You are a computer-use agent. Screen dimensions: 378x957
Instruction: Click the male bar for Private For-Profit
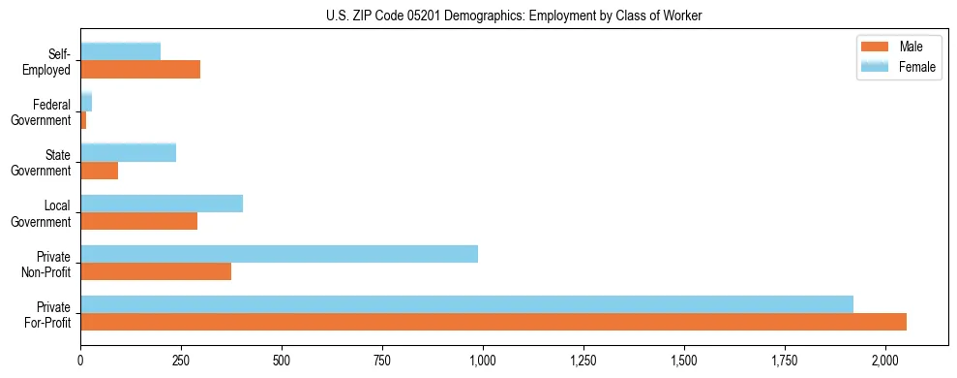tap(493, 322)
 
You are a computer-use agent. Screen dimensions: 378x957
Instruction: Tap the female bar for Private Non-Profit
tap(279, 254)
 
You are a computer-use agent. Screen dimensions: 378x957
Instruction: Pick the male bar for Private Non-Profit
tap(156, 271)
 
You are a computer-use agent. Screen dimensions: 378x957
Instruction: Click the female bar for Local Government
tap(162, 204)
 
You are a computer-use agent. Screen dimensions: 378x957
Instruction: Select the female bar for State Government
tap(128, 152)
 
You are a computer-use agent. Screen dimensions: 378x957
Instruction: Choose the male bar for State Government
tap(99, 171)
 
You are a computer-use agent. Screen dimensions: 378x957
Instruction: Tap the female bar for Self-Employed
tap(120, 51)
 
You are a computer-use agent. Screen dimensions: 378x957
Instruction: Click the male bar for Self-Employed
tap(140, 69)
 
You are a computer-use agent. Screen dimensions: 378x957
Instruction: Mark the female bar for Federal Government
tap(86, 102)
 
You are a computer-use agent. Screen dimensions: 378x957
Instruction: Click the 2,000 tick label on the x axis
tap(885, 361)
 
